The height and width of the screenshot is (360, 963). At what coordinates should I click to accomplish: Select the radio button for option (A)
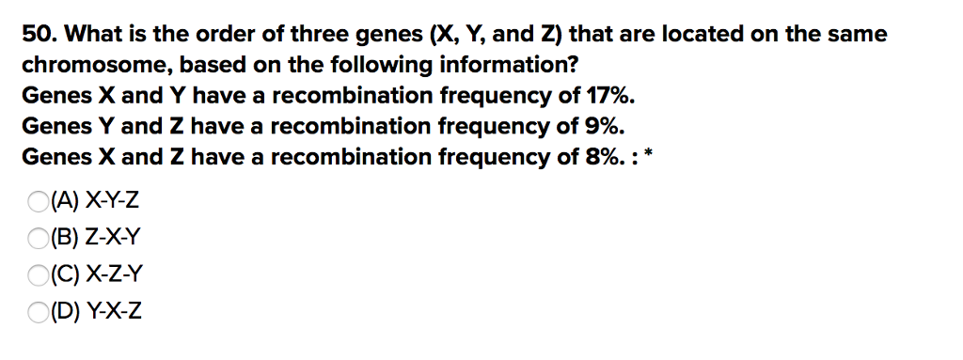coord(37,200)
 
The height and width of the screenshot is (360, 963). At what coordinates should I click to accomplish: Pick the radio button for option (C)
coord(37,274)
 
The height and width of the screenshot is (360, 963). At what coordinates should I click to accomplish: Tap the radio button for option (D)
coord(37,312)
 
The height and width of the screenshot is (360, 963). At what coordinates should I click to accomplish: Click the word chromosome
coord(82,67)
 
